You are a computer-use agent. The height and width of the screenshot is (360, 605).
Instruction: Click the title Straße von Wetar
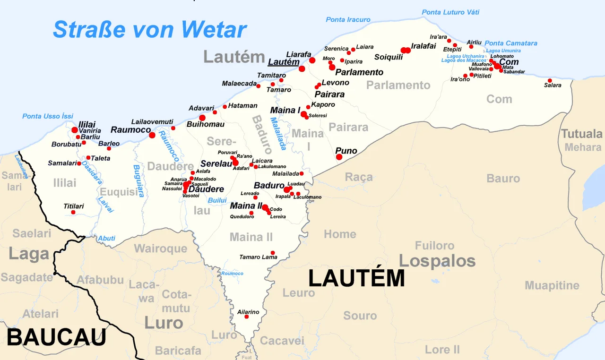pyautogui.click(x=149, y=29)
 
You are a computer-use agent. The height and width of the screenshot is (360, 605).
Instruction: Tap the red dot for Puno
pyautogui.click(x=339, y=157)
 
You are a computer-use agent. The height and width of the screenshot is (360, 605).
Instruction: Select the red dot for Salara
pyautogui.click(x=550, y=80)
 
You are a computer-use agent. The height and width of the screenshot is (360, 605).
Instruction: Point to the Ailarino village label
pyautogui.click(x=248, y=312)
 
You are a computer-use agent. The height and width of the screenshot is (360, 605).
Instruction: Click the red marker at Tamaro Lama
pyautogui.click(x=273, y=253)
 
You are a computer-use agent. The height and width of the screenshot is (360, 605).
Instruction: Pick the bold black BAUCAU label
pyautogui.click(x=56, y=337)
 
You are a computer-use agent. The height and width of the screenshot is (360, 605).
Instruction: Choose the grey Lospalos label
pyautogui.click(x=437, y=261)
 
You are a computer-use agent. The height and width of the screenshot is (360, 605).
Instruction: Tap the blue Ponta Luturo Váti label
pyautogui.click(x=450, y=12)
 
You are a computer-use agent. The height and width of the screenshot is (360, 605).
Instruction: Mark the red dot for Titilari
pyautogui.click(x=73, y=212)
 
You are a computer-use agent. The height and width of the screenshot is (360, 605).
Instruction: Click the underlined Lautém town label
pyautogui.click(x=284, y=62)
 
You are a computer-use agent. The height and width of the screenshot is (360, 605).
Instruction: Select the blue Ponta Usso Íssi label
pyautogui.click(x=48, y=116)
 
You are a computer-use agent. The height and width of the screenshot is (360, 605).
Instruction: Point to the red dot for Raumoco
pyautogui.click(x=152, y=135)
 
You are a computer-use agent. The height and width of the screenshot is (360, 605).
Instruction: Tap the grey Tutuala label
pyautogui.click(x=582, y=134)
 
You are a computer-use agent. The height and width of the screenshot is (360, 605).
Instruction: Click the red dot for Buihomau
pyautogui.click(x=202, y=118)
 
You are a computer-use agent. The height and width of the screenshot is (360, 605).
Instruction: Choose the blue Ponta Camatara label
pyautogui.click(x=511, y=43)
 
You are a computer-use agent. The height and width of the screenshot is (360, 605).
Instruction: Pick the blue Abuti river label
pyautogui.click(x=106, y=238)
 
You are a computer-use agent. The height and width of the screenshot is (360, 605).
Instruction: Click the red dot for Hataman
pyautogui.click(x=225, y=106)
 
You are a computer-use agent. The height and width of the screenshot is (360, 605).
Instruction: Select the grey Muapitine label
pyautogui.click(x=552, y=285)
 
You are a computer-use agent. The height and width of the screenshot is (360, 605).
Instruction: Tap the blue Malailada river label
pyautogui.click(x=278, y=133)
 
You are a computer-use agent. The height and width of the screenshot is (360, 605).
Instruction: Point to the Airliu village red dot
pyautogui.click(x=471, y=46)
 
